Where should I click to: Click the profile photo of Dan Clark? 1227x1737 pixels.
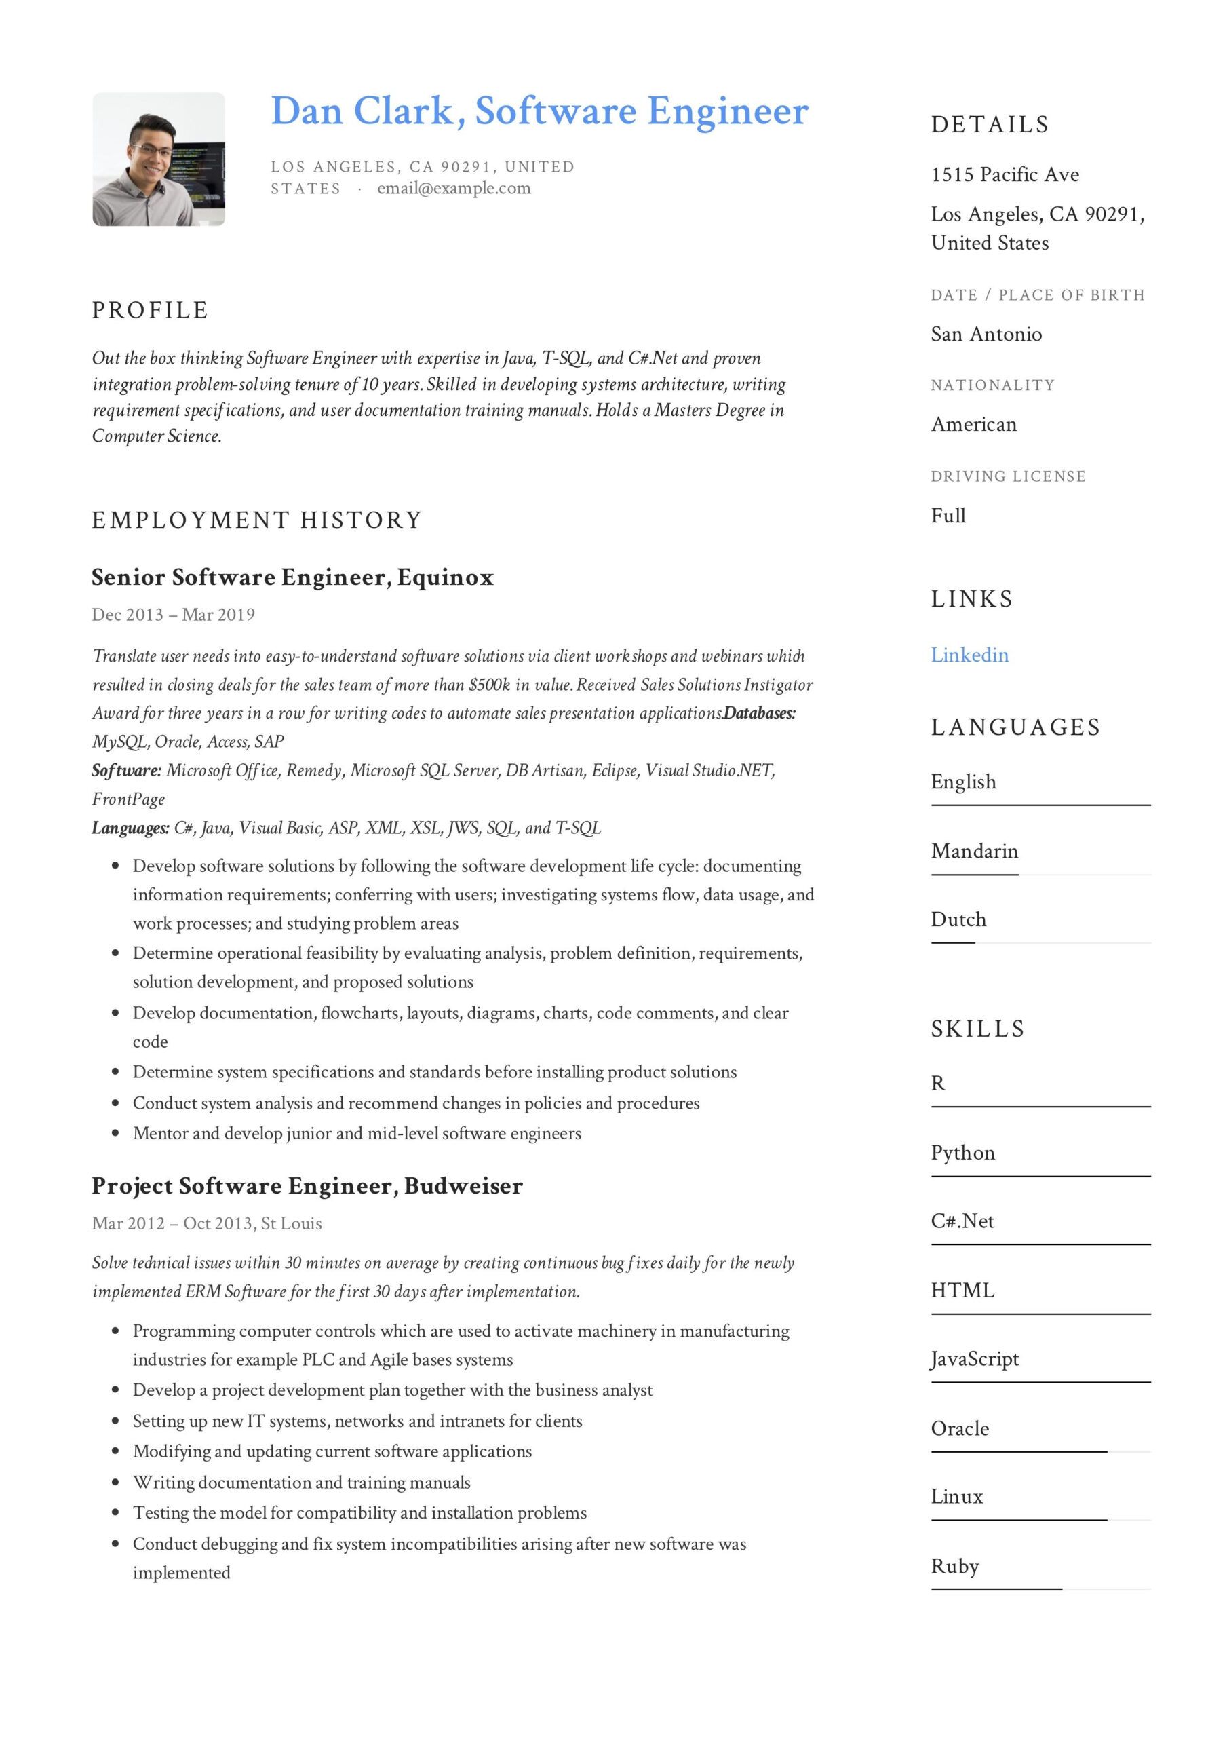158,159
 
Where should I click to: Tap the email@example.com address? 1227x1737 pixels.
454,189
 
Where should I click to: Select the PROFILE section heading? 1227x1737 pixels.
150,310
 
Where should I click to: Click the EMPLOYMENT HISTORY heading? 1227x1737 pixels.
256,520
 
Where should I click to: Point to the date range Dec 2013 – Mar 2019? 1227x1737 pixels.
173,614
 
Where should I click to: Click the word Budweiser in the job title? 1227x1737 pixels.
463,1185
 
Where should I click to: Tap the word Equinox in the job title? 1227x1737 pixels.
445,577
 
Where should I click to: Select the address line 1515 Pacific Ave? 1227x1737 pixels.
1005,175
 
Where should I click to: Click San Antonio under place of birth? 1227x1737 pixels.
986,334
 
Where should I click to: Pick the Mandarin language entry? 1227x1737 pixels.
974,851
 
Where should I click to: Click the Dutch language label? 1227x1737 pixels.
958,919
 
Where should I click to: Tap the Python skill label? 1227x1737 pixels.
962,1152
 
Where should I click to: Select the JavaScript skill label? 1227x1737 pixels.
974,1359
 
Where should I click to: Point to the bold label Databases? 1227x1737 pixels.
760,712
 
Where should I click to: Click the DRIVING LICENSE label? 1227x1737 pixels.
1008,476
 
